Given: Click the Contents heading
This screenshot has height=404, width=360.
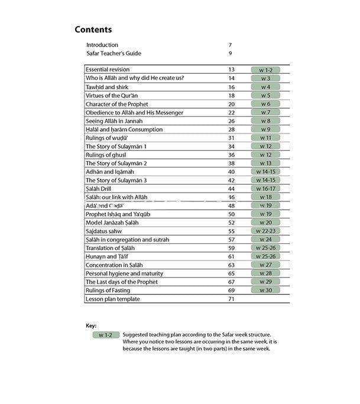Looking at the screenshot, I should [93, 30].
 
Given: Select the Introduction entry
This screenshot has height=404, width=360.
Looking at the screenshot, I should [102, 45].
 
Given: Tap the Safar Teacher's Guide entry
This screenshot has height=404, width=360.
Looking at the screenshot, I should [113, 54].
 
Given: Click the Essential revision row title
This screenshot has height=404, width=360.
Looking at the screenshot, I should [108, 70].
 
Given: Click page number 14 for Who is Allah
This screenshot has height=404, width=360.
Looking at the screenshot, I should [231, 79].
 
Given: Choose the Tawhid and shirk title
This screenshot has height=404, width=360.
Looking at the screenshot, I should [107, 87].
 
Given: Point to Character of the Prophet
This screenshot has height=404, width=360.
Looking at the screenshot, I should [117, 104].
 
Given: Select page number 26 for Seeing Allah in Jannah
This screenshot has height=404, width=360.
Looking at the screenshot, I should [231, 121].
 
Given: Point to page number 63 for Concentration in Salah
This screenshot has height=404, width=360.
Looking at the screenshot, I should [231, 265].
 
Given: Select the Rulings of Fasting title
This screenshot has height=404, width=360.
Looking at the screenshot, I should [108, 291].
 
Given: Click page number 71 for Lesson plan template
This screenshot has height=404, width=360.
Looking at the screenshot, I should [231, 299].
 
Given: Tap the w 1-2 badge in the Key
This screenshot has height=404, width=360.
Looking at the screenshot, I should [106, 334].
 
